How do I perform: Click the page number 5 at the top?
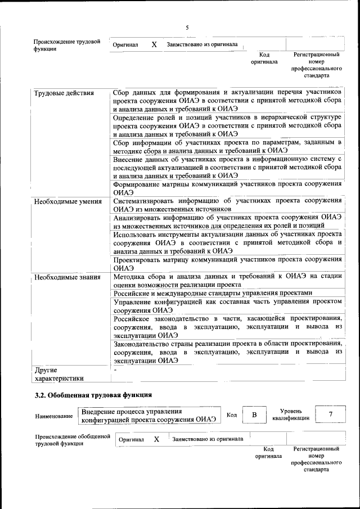187,27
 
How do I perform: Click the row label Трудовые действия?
64,93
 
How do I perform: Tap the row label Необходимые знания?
67,277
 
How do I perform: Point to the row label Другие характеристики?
58,374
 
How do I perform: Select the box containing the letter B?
254,415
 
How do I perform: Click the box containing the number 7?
330,415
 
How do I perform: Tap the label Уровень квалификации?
290,415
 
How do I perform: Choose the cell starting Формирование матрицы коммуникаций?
227,188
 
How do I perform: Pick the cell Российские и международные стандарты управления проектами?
213,293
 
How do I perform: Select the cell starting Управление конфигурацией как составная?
227,305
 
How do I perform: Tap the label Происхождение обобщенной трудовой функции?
72,439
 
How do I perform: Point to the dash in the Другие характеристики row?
115,370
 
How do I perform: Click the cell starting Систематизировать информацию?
227,204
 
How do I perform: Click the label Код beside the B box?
231,415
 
